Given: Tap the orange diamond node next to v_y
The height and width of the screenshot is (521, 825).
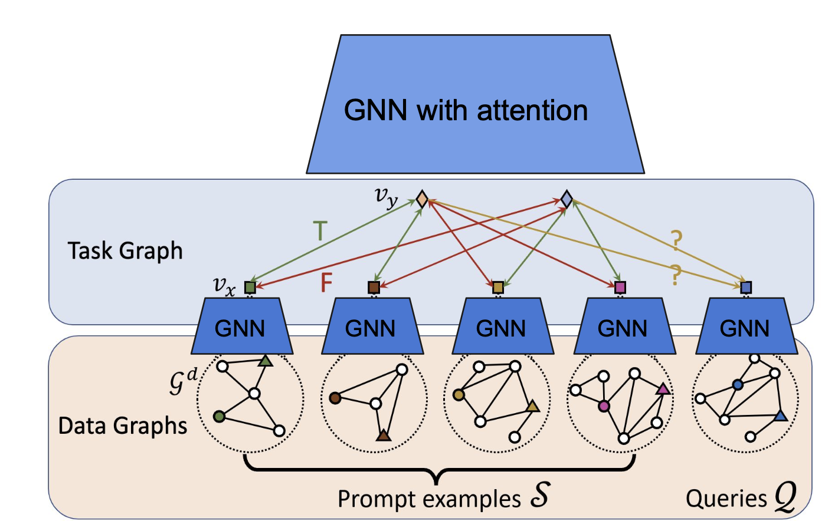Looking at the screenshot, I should click(x=421, y=199).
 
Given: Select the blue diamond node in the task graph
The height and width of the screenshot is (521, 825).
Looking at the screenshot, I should click(x=567, y=199).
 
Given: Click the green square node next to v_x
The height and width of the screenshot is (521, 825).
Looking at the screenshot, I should click(x=250, y=288).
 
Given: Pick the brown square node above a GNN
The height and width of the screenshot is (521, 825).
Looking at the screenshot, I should click(x=374, y=288).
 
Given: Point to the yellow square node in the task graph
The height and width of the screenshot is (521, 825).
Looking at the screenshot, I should click(x=498, y=288).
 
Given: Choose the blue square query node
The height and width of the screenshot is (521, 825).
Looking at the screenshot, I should click(x=746, y=288).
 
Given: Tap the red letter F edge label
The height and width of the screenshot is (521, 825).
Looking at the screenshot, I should click(x=326, y=283).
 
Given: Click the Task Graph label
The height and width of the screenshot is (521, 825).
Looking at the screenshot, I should click(x=125, y=251).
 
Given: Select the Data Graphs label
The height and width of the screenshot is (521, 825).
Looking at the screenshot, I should click(x=123, y=426).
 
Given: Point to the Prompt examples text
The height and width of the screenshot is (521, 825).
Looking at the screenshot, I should click(x=429, y=499).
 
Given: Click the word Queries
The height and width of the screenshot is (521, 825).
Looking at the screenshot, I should click(x=726, y=499).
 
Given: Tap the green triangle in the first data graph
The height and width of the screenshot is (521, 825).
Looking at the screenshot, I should click(x=266, y=361).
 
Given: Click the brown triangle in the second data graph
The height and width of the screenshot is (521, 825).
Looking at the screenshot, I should click(x=384, y=436).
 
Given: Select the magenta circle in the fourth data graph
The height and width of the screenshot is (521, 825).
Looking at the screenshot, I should click(x=604, y=406).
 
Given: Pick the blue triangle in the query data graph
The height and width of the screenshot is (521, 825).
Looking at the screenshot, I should click(x=780, y=416).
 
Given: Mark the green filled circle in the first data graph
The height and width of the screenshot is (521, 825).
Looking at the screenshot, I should click(x=220, y=416).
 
